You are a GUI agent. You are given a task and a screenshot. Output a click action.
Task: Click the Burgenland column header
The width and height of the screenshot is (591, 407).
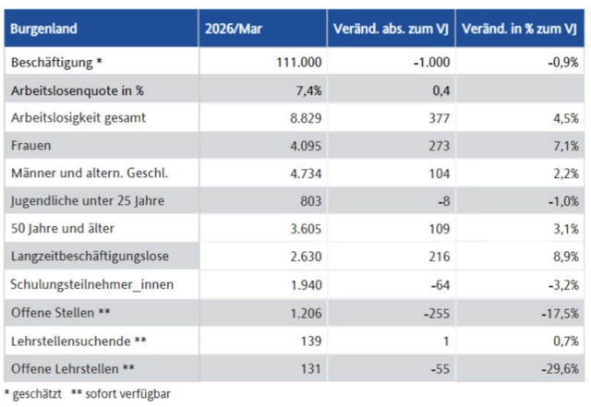click(x=43, y=29)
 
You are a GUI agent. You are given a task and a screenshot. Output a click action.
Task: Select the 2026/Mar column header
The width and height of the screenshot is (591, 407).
click(x=234, y=29)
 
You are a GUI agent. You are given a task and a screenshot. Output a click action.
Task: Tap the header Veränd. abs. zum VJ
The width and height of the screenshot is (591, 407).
click(x=391, y=29)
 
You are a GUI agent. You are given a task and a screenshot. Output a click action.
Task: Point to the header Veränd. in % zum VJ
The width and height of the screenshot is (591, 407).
click(x=519, y=29)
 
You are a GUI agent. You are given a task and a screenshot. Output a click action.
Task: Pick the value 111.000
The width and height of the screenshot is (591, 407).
click(x=299, y=62)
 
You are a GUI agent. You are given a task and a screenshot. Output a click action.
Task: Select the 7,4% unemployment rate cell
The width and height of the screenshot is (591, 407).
click(x=308, y=90)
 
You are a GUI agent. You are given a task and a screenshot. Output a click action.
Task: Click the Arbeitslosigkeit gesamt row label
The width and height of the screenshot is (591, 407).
click(x=78, y=118)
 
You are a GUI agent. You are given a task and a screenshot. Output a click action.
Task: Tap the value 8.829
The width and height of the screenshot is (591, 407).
click(x=306, y=118)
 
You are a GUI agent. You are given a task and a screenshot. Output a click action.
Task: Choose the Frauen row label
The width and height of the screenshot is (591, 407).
click(x=30, y=146)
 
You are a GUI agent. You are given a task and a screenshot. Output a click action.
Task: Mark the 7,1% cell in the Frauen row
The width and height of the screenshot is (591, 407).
click(x=566, y=146)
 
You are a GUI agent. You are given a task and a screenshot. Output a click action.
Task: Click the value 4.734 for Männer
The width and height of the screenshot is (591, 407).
click(x=306, y=174)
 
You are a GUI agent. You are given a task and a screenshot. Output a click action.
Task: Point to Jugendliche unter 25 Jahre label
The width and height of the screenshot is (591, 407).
click(x=88, y=201)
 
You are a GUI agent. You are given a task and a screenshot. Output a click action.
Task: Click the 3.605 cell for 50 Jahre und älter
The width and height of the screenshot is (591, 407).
click(x=306, y=229)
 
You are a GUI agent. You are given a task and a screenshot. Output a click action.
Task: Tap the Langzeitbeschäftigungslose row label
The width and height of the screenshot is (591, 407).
click(x=90, y=257)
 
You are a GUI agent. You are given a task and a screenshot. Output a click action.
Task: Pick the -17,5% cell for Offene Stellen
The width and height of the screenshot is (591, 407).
click(x=560, y=313)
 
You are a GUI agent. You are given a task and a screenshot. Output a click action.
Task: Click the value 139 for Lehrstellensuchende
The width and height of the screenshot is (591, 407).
click(x=311, y=341)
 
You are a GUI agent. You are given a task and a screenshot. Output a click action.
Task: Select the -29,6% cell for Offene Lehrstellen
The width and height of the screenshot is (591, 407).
click(x=560, y=368)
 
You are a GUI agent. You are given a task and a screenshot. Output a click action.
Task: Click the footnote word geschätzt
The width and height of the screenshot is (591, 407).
click(x=37, y=394)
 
